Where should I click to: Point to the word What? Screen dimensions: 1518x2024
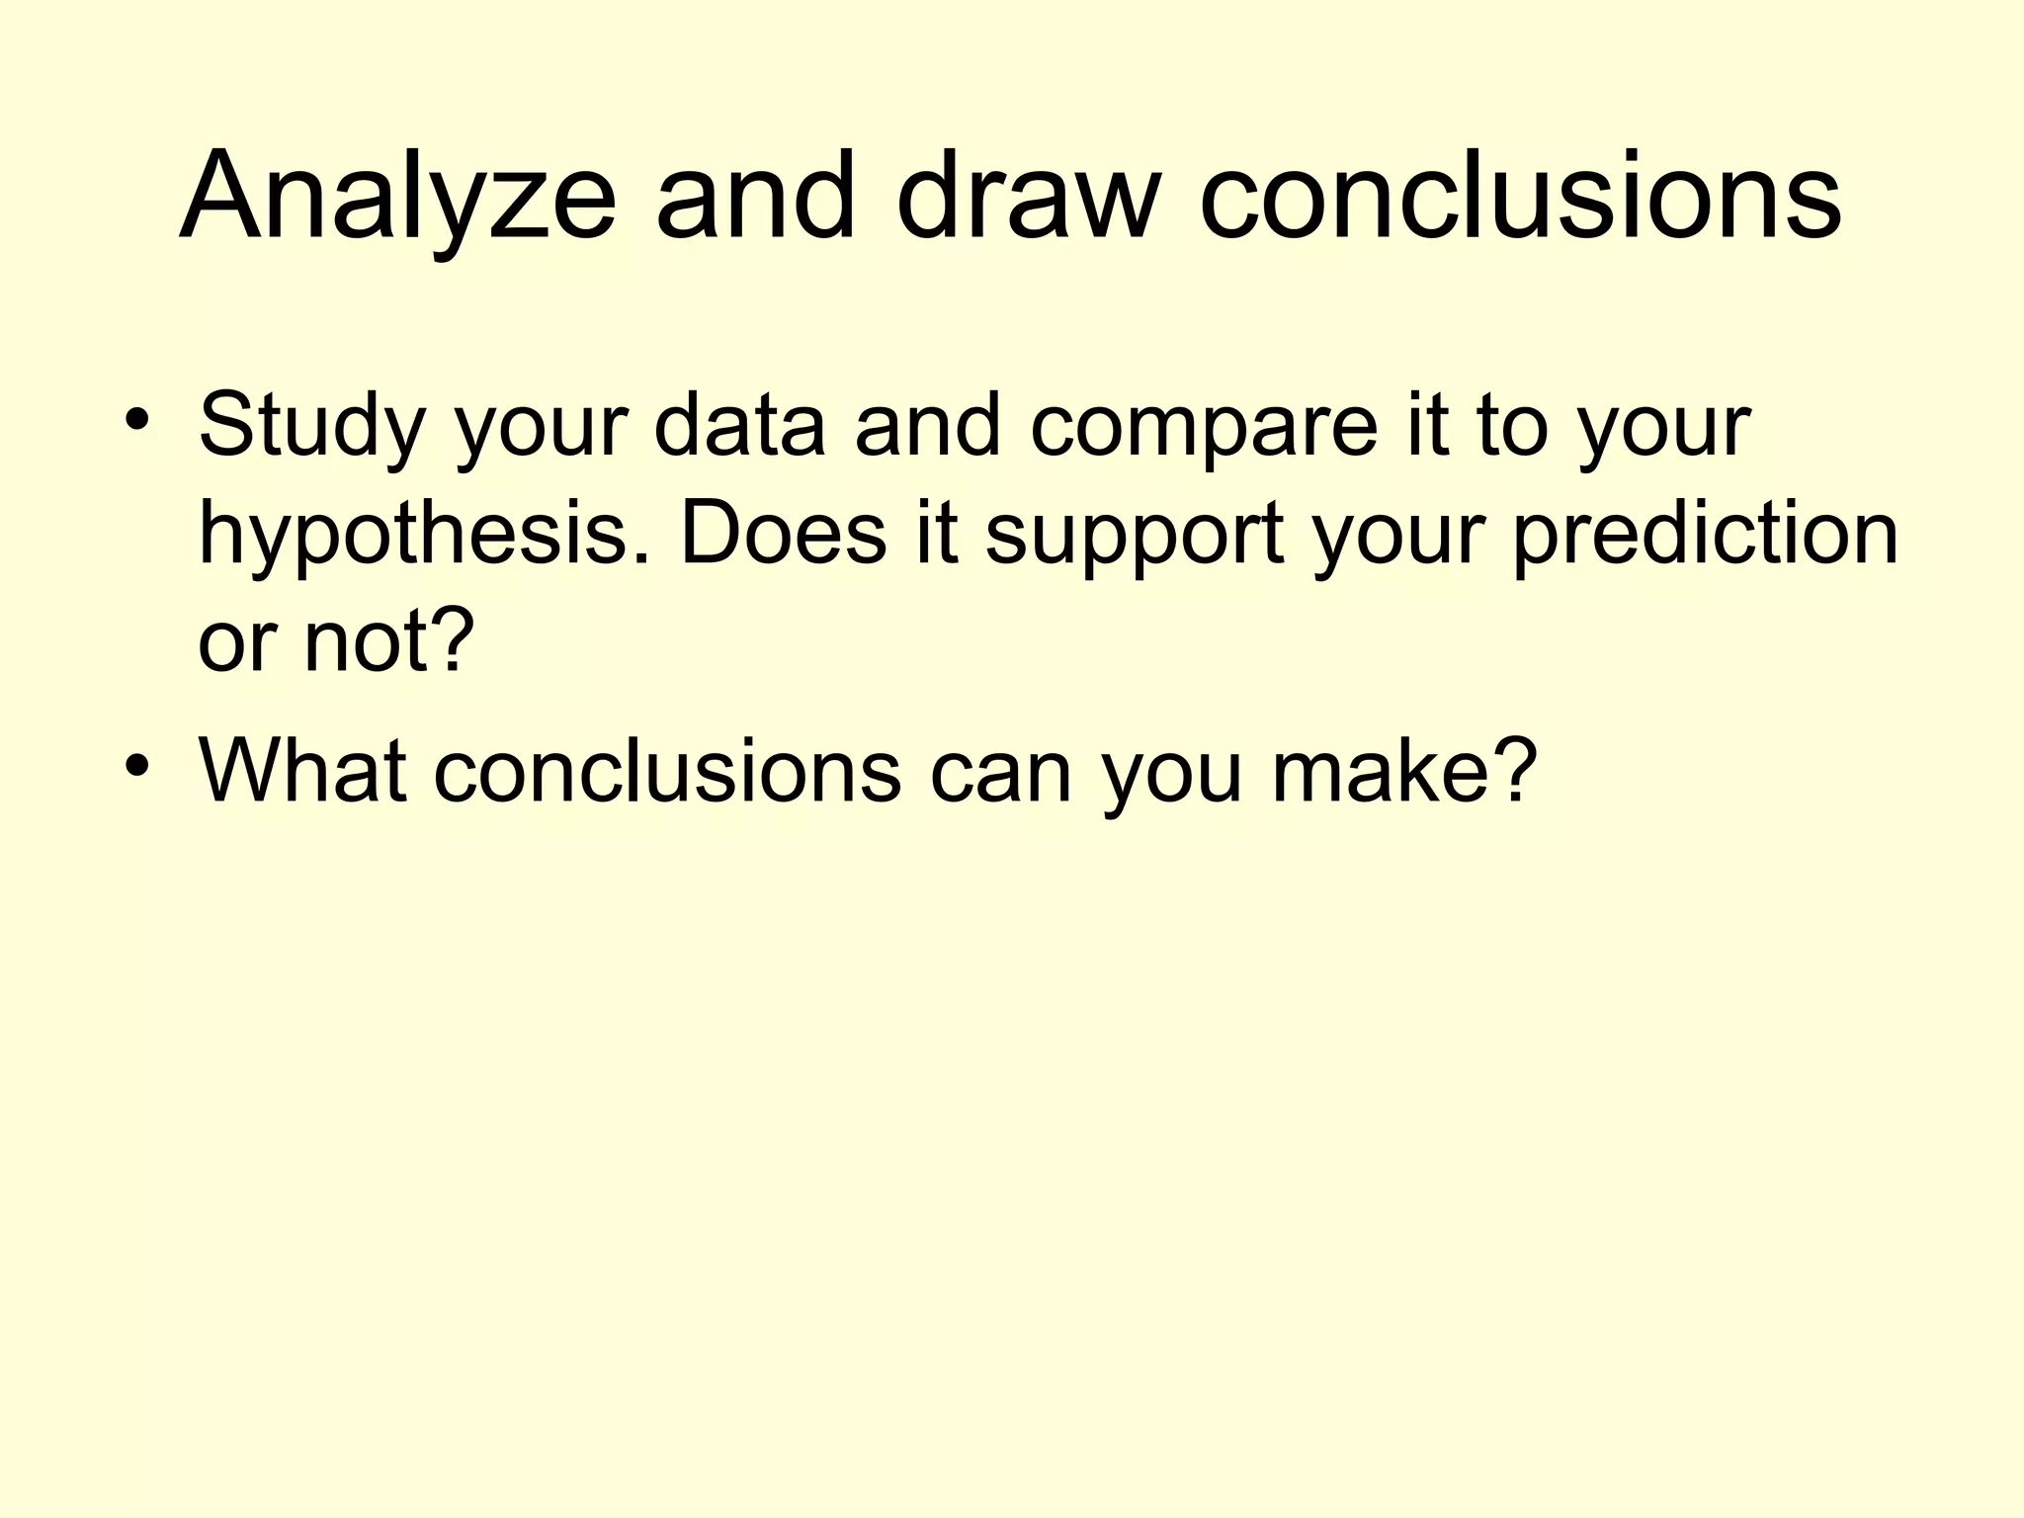coord(302,770)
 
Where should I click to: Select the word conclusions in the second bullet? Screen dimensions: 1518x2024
coord(667,770)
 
